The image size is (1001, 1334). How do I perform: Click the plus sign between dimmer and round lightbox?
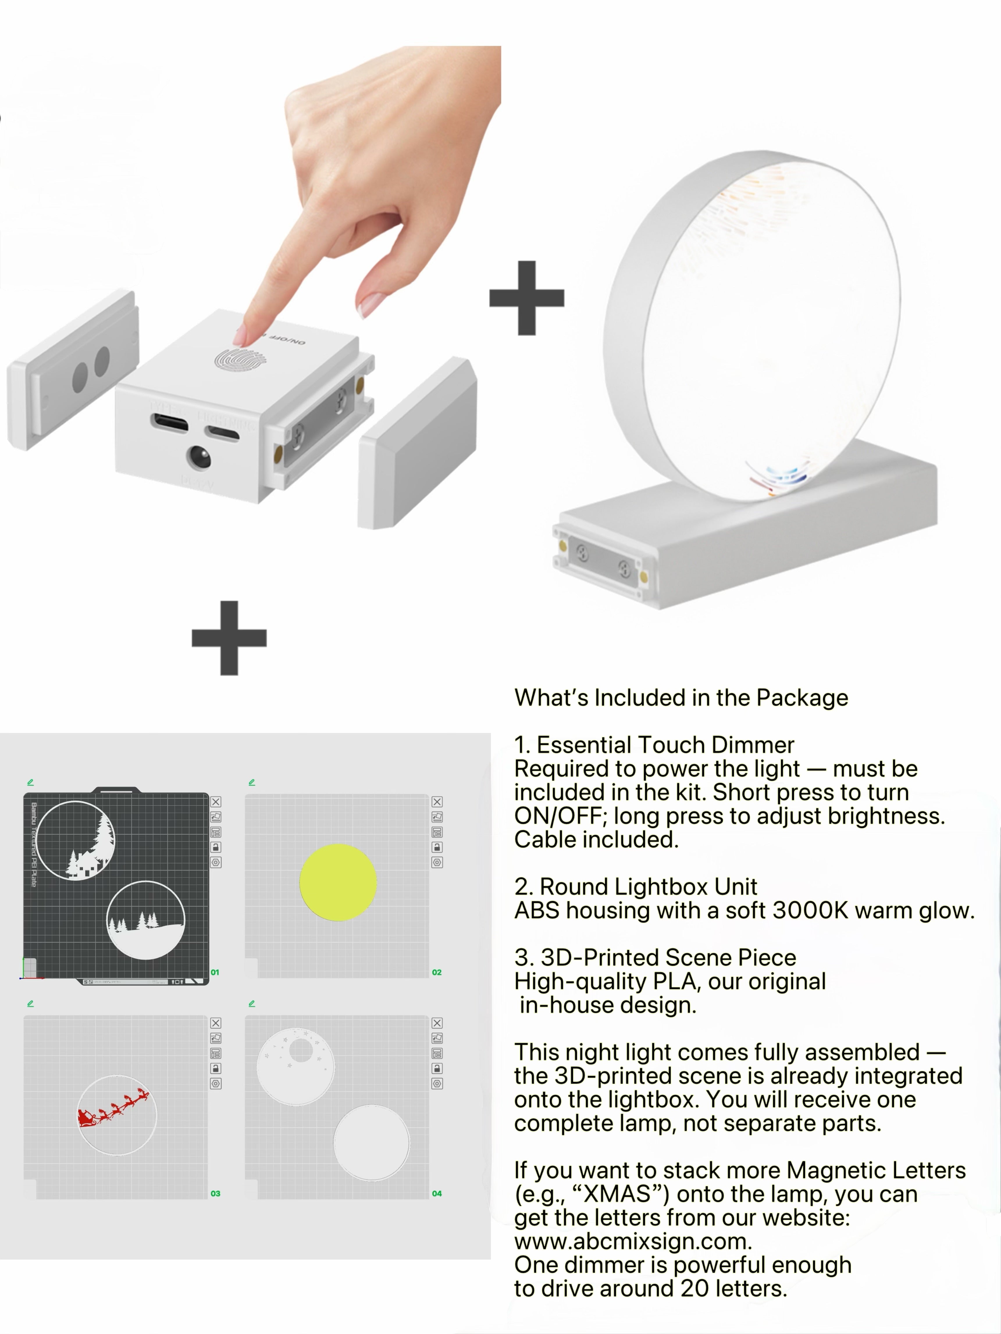point(527,298)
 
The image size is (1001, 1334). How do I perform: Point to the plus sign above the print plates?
point(229,637)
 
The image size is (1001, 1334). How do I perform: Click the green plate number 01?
point(215,972)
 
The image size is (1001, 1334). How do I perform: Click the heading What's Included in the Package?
point(681,698)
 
